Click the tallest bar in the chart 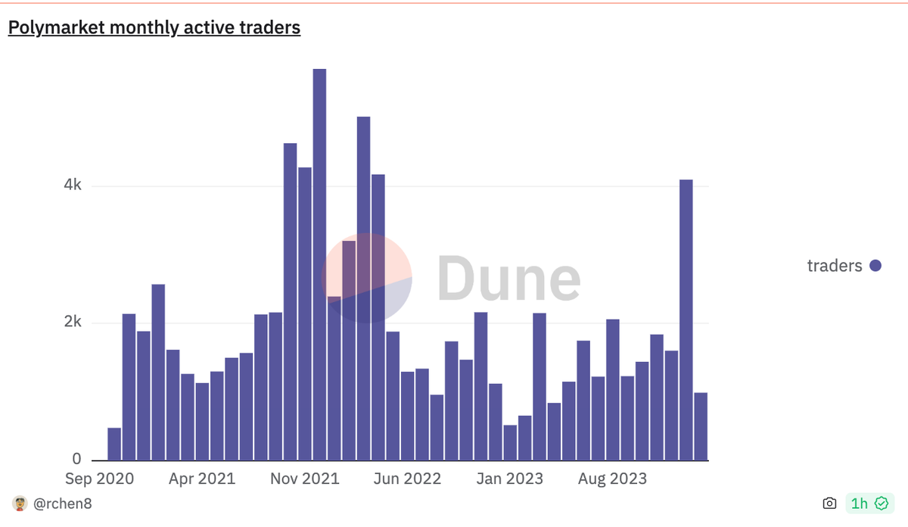coord(319,264)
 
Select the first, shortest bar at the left coord(114,444)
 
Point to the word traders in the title coord(272,28)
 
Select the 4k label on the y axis coord(73,186)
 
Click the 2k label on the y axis coord(73,323)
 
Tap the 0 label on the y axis coord(76,459)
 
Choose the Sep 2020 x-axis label coord(99,479)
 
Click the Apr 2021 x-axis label coord(201,479)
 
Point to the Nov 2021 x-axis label coord(305,479)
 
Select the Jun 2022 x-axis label coord(407,479)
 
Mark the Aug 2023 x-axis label coord(611,479)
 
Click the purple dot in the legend coord(875,266)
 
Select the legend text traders coord(835,266)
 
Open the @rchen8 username coord(62,504)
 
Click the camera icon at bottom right coord(829,504)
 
